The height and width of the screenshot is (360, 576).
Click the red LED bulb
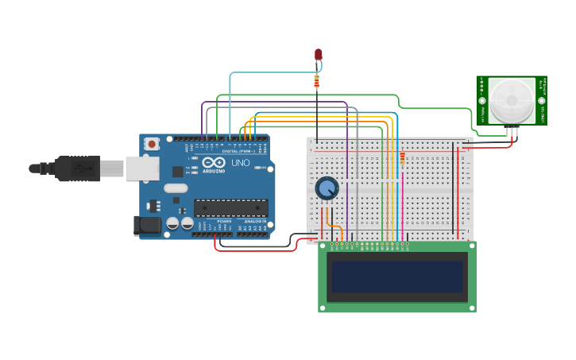tap(319, 54)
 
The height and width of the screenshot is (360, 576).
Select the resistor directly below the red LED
tap(317, 81)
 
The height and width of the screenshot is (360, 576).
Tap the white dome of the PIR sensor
tap(512, 99)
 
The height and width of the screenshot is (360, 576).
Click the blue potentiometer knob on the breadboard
tap(327, 188)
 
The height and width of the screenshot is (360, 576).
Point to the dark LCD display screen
tap(397, 277)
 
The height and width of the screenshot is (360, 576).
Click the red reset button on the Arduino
tap(151, 144)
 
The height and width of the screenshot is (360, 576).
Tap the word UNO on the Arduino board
tap(240, 163)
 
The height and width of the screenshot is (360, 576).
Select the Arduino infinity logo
tap(213, 161)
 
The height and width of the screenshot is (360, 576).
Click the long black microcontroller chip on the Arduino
tap(230, 208)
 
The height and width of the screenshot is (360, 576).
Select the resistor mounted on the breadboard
tap(403, 158)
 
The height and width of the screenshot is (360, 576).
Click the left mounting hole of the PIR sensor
tap(481, 101)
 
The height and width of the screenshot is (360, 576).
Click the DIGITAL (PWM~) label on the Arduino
tap(238, 150)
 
